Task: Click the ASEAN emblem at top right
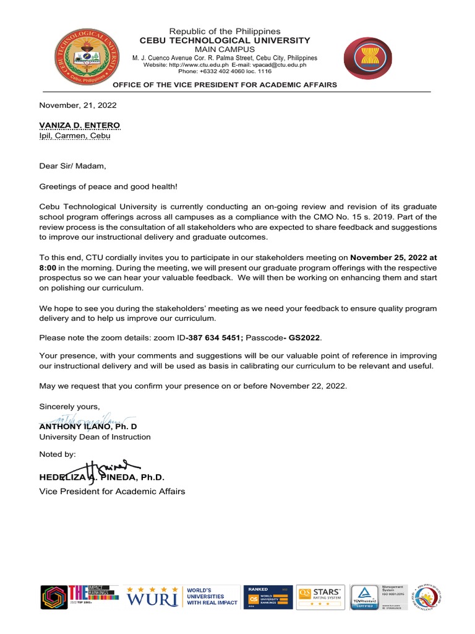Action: [367, 60]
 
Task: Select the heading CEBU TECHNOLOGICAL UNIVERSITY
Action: [225, 40]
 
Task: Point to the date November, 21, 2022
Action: [78, 105]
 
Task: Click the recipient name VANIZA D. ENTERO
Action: [80, 125]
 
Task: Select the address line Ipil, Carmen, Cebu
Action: [74, 136]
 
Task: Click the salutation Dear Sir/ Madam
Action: [73, 165]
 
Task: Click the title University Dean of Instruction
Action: [95, 436]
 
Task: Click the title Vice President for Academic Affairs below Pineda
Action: [112, 491]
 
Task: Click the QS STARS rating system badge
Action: [320, 597]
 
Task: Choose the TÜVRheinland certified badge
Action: [366, 597]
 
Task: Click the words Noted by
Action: [58, 454]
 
